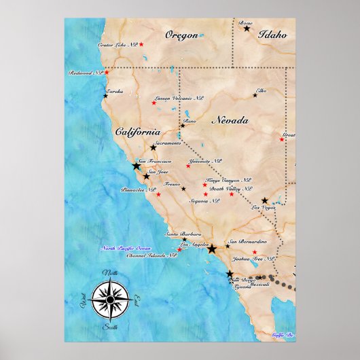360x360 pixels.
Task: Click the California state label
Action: point(138,132)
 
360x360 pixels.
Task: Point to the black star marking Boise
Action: point(247,29)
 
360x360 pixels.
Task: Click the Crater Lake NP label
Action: point(117,45)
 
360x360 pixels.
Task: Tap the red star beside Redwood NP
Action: point(107,72)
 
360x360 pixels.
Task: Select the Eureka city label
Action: point(114,90)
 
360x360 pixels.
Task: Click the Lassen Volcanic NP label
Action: point(180,98)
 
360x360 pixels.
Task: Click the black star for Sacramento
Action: point(154,147)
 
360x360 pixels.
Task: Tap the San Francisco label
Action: point(155,161)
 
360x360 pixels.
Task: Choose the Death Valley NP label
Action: point(230,189)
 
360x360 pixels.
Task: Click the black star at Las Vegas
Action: point(264,200)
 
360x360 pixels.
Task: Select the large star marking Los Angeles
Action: point(211,249)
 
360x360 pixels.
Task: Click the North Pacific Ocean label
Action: point(125,249)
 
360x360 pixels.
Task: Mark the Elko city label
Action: point(262,90)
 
